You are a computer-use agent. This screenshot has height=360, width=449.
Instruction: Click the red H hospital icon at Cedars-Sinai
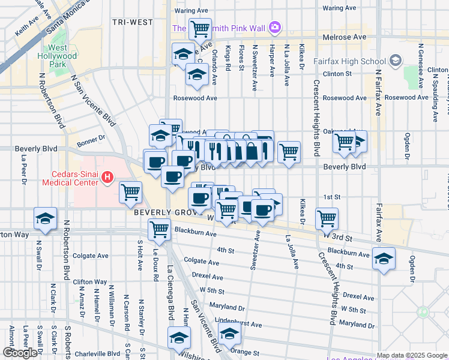coord(107,177)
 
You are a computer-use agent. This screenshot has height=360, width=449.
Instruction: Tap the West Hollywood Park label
coord(58,56)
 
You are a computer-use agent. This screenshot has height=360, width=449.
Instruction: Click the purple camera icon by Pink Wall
coord(275,27)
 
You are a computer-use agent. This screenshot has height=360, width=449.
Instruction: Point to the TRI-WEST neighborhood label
coord(131,22)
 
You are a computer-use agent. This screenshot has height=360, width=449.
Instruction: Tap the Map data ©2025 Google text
coord(412,355)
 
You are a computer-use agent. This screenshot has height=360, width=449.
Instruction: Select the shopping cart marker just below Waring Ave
coord(200,28)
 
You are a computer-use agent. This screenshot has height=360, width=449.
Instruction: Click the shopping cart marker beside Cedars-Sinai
coord(130,191)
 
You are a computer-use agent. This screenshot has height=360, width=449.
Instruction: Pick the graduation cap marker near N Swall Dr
coord(45,219)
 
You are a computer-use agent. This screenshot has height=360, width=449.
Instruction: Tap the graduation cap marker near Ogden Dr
coord(384,258)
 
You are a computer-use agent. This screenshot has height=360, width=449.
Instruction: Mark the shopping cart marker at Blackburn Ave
coord(159,229)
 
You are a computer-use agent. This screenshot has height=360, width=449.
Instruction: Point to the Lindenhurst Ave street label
coord(239,324)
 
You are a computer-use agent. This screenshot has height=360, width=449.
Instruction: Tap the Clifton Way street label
coord(89,281)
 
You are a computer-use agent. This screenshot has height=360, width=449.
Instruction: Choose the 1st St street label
coord(331,197)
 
